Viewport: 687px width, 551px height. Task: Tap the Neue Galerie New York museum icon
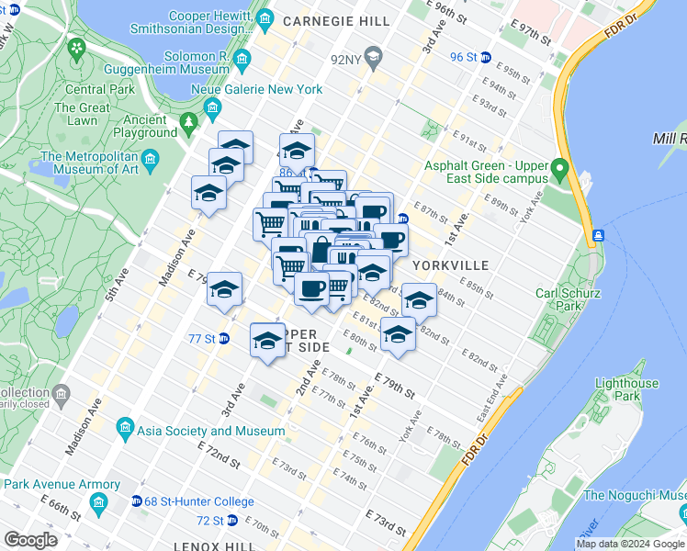pyautogui.click(x=213, y=109)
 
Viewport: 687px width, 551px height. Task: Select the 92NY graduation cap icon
pyautogui.click(x=373, y=62)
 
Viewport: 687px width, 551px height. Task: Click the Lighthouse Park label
pyautogui.click(x=626, y=389)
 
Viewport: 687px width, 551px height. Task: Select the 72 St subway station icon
pyautogui.click(x=231, y=521)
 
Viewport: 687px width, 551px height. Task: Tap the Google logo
pyautogui.click(x=31, y=540)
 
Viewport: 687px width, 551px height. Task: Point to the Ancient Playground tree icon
pyautogui.click(x=189, y=121)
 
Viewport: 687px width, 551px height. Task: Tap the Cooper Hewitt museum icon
pyautogui.click(x=265, y=18)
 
